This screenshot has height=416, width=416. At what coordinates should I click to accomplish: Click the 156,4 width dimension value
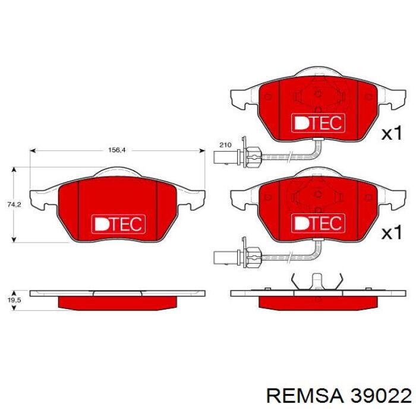116,150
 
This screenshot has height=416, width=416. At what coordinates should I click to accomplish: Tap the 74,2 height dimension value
14,204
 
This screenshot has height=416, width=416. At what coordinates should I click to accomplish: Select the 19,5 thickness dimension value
14,300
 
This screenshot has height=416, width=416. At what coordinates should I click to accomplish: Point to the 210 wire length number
225,145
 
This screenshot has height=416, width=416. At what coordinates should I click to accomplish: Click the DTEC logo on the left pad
118,224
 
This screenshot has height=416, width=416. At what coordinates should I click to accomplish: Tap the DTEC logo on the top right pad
319,123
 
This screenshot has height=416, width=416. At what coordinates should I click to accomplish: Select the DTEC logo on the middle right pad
319,223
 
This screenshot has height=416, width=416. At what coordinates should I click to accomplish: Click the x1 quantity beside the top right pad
392,133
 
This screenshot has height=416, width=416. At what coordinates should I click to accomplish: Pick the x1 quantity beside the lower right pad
392,232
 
